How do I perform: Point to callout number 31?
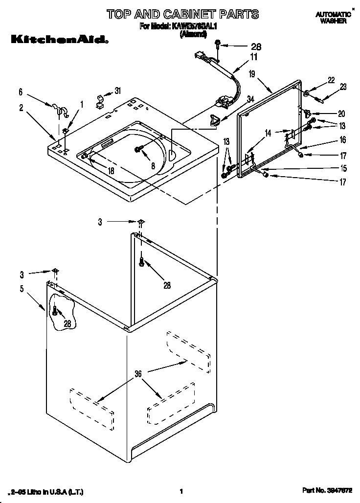(x=118, y=90)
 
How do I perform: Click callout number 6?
(x=21, y=91)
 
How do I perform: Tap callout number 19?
(x=251, y=74)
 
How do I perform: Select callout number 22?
(x=331, y=80)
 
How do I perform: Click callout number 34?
(x=250, y=99)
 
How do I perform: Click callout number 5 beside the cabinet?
(x=22, y=289)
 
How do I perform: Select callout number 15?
(x=343, y=168)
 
